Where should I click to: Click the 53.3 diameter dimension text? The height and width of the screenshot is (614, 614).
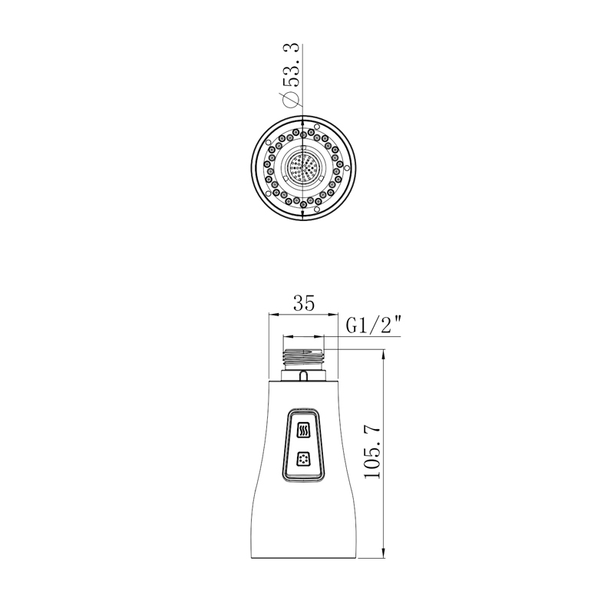point(292,65)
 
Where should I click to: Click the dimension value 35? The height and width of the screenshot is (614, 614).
point(304,303)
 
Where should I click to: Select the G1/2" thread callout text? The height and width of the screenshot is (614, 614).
point(374,325)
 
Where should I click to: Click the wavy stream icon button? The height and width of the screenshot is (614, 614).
point(304,431)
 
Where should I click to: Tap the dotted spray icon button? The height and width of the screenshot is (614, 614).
point(303,458)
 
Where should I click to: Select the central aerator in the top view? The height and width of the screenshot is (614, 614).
point(303,167)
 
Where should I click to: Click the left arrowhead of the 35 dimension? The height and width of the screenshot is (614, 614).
point(273,314)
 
